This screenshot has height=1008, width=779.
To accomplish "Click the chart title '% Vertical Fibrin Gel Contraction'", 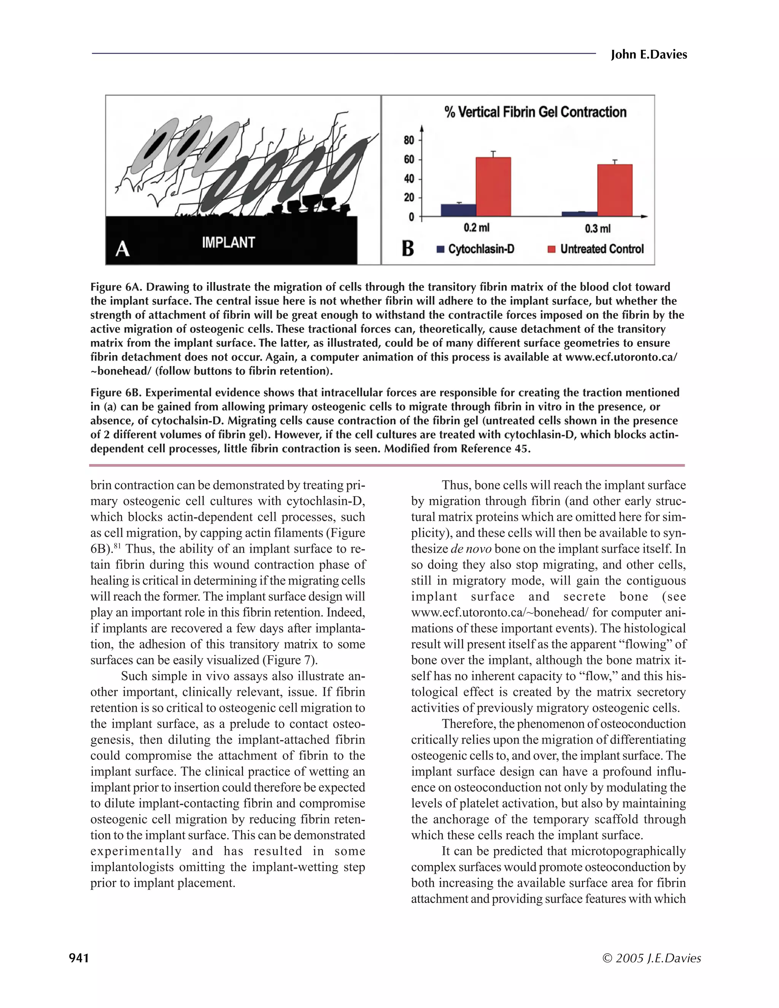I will (x=535, y=112).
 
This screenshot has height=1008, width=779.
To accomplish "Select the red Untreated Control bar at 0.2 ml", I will (x=493, y=187).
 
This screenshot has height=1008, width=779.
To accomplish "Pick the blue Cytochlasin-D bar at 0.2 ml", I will (x=458, y=210).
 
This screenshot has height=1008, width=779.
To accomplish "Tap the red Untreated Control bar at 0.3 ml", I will (x=615, y=190).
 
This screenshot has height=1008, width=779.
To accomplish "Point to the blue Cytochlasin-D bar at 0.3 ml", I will (x=579, y=214).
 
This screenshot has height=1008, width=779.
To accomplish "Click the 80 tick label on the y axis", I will (x=409, y=140).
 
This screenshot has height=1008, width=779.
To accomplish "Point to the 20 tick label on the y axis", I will (x=409, y=197).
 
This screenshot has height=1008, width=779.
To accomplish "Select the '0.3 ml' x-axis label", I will (x=597, y=229).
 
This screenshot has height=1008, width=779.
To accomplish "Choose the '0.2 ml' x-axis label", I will (x=476, y=228).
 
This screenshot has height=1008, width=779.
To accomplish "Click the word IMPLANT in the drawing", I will (x=228, y=243).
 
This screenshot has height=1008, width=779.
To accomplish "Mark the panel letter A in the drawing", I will (x=122, y=249).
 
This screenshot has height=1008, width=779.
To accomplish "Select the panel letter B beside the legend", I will (x=407, y=249).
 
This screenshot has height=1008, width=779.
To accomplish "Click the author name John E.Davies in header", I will (x=649, y=55).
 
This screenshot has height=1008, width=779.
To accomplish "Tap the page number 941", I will (x=79, y=958).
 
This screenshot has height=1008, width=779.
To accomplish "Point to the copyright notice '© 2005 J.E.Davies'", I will (x=652, y=958).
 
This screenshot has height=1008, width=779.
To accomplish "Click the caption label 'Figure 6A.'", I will (x=117, y=287).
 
